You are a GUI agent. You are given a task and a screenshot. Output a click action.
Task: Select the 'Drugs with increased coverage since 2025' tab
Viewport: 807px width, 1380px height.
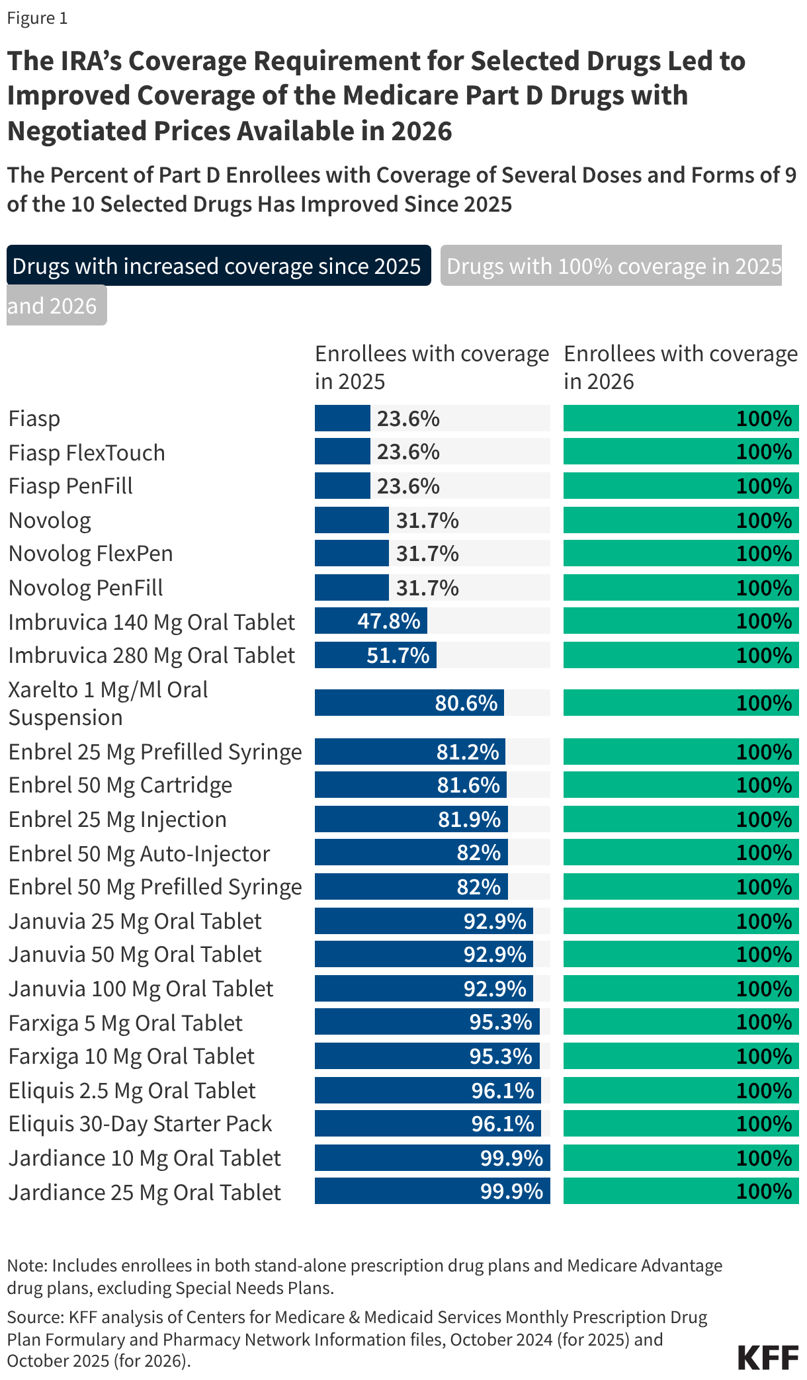tap(218, 266)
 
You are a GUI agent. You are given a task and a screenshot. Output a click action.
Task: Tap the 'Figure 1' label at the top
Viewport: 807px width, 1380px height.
tap(37, 18)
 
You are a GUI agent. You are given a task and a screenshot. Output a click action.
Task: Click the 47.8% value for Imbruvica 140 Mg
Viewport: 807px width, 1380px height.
tap(389, 621)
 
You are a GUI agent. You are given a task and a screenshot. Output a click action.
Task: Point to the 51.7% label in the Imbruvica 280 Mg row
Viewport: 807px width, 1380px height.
tap(398, 656)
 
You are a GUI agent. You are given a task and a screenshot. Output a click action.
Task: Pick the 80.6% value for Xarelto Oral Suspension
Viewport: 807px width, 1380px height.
tap(466, 703)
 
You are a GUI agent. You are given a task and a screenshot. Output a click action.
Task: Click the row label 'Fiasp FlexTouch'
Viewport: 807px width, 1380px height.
tap(87, 453)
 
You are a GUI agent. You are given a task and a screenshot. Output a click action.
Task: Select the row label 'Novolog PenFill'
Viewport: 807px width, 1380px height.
tap(85, 588)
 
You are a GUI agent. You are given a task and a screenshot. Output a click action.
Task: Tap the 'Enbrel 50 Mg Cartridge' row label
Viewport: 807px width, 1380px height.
tap(120, 785)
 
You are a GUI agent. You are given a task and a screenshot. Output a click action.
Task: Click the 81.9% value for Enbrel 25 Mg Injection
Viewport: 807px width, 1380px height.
tap(470, 820)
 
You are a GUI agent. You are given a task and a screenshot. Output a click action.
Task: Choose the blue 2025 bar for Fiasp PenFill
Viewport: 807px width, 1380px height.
tap(342, 486)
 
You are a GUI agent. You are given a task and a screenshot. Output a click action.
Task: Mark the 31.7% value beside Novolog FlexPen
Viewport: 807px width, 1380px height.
tap(427, 554)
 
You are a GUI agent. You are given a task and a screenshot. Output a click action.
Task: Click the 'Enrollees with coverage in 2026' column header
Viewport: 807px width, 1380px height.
tap(680, 368)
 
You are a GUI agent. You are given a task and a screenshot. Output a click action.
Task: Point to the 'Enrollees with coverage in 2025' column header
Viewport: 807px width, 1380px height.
tap(431, 368)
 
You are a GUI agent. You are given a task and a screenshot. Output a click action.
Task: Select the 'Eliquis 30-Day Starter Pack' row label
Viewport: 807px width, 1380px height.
tap(140, 1124)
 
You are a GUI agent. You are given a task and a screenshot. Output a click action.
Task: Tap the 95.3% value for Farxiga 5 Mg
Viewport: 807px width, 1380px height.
tap(501, 1022)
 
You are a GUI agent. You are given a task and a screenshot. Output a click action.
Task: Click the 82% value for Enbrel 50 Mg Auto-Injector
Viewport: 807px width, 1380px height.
tap(478, 853)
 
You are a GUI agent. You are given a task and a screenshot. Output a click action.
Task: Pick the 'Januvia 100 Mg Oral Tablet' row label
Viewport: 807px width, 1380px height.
tap(141, 989)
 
